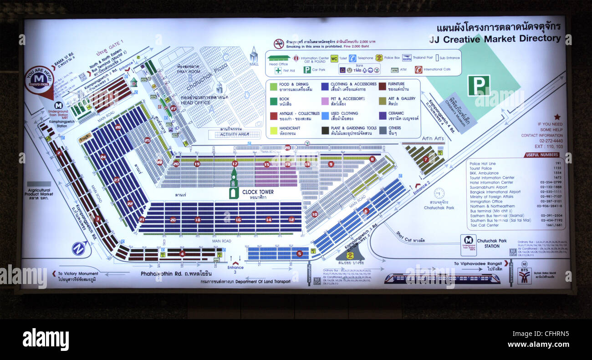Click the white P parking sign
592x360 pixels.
478,86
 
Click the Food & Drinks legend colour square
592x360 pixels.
273,86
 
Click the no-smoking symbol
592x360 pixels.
279,44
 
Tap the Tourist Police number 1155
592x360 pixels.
558,168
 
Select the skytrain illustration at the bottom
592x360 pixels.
441,279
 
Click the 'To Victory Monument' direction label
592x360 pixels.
77,274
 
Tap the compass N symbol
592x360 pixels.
79,248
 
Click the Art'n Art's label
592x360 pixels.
433,138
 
